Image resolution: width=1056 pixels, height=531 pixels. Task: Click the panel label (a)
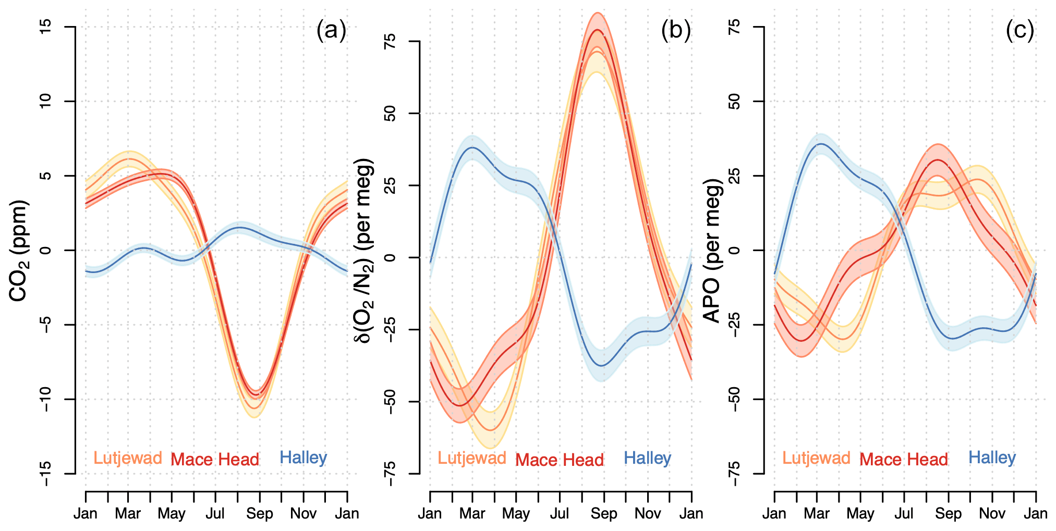(331, 31)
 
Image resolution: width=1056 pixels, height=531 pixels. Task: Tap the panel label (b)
(675, 31)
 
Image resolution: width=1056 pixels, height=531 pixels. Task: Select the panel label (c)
(1019, 31)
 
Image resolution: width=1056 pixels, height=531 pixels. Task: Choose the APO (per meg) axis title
(712, 250)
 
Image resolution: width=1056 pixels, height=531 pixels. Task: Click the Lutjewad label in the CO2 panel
(128, 458)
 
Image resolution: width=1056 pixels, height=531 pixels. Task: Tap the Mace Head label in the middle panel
(559, 460)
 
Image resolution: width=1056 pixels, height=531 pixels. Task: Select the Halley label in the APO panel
(992, 458)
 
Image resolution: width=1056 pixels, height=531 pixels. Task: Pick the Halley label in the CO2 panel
(303, 458)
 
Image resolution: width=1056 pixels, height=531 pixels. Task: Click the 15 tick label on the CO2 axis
(45, 27)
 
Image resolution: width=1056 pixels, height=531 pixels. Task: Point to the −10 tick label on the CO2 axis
(45, 399)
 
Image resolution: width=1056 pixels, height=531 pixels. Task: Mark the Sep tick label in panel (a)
(259, 514)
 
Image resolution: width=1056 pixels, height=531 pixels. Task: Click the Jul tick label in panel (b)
(559, 514)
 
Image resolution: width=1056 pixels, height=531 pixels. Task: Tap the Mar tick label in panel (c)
(817, 514)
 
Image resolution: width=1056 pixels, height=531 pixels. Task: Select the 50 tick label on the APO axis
(734, 101)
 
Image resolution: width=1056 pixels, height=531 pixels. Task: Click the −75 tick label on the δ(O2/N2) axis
(390, 474)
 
